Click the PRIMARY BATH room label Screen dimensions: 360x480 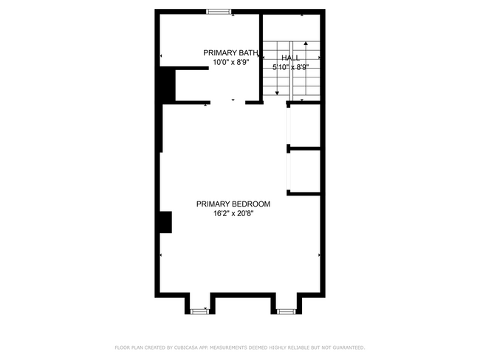[x=231, y=53]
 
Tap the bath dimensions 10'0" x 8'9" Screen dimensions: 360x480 [x=231, y=63]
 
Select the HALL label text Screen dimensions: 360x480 [x=290, y=57]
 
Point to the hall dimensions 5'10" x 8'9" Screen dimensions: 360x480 [x=290, y=67]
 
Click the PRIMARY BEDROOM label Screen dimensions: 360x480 [x=233, y=204]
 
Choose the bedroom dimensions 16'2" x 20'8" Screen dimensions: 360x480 [x=233, y=214]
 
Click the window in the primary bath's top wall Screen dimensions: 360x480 [x=218, y=10]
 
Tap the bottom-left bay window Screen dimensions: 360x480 [x=198, y=311]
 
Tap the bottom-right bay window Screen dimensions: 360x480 [x=286, y=311]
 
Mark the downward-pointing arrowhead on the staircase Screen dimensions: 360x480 [x=277, y=93]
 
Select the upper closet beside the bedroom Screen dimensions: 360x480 [x=305, y=125]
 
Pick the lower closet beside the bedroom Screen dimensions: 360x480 [x=305, y=171]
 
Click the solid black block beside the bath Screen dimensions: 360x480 [x=168, y=85]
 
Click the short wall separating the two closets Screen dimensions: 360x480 [x=304, y=149]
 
